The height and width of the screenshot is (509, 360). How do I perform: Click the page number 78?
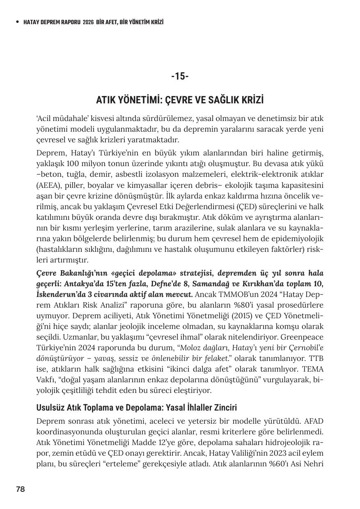pos(21,489)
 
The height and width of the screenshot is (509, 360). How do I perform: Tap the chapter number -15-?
pos(180,76)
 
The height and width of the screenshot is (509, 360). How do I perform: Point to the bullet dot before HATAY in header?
pos(17,22)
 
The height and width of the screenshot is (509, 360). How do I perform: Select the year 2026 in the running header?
pos(88,22)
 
